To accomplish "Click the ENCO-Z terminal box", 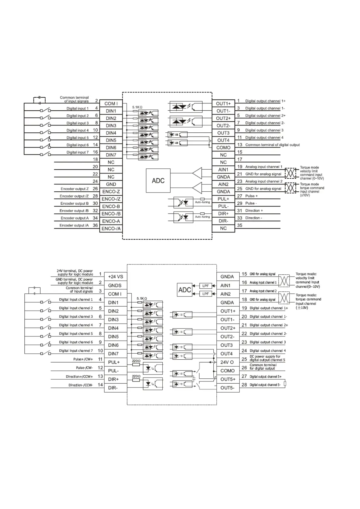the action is tap(111, 192).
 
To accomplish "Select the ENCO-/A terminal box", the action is tap(111, 229).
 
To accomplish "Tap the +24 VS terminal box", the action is tap(115, 277).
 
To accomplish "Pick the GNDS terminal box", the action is tap(115, 285).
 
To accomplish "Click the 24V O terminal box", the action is tap(227, 362).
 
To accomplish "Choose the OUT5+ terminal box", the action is tap(228, 379).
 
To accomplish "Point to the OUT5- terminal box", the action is tap(228, 388).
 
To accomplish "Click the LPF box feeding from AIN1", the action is tap(206, 286).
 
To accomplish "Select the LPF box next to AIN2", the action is tap(206, 294).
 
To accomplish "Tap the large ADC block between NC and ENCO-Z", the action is tap(158, 181).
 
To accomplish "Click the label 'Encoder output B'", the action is tap(74, 203).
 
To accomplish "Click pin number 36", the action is tap(95, 225).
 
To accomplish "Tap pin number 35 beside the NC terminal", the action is tap(240, 225).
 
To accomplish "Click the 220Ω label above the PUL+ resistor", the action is tap(136, 361).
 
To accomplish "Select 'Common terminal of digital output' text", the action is tap(272, 145).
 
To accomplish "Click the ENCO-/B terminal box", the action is tap(111, 214).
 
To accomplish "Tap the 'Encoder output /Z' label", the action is tap(74, 196).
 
